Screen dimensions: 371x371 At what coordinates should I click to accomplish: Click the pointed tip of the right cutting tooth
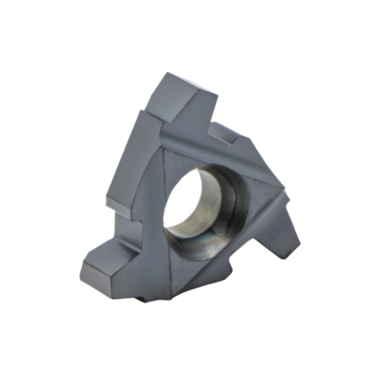pyautogui.click(x=298, y=242)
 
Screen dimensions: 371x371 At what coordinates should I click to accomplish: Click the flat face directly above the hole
pyautogui.click(x=204, y=152)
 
